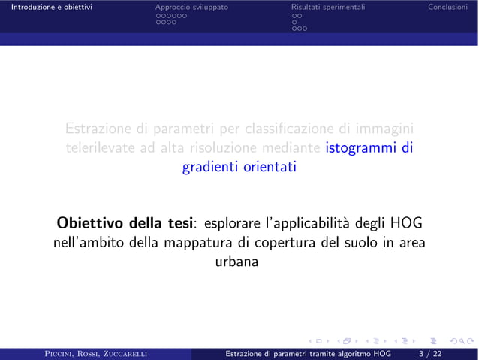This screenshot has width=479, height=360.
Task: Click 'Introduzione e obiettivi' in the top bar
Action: click(x=47, y=8)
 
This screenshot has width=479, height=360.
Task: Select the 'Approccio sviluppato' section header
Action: click(x=191, y=8)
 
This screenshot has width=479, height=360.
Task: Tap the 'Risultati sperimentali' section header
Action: click(x=328, y=8)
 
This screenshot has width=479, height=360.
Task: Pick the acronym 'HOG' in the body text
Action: click(x=405, y=224)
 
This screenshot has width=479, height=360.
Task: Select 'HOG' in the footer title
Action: click(x=382, y=353)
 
